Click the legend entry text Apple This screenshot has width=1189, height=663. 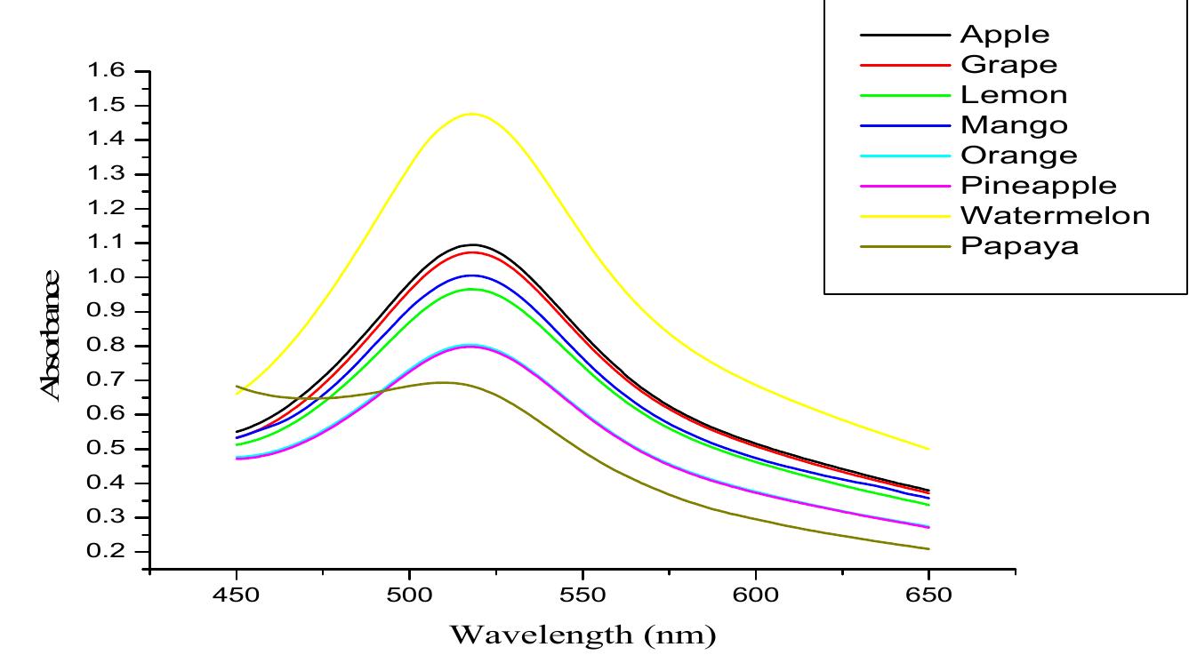coord(1005,35)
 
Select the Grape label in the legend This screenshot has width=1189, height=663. coord(1008,65)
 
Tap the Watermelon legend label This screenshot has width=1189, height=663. coord(1055,215)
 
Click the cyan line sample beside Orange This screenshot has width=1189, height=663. coord(904,156)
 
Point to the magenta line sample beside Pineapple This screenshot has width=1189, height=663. coord(904,186)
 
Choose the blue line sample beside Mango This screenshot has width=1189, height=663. coord(904,125)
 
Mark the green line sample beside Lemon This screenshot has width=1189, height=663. coord(904,95)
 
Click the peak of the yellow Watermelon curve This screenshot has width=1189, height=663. coord(471,114)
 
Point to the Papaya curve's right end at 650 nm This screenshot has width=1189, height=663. coord(928,548)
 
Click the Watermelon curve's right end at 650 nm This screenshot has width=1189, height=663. coord(928,449)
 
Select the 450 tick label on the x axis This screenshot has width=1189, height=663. coord(237,595)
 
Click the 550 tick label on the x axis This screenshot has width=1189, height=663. coord(582,595)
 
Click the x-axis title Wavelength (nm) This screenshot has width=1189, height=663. coord(582,635)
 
